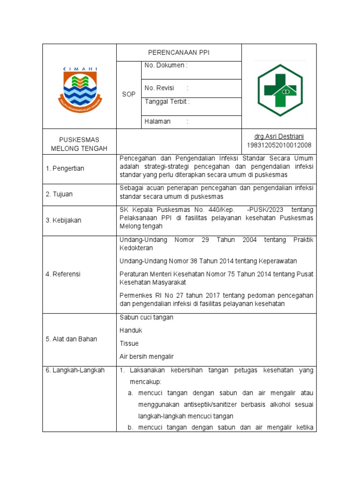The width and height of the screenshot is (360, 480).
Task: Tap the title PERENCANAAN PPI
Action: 179,53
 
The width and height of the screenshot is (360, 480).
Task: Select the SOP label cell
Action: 128,94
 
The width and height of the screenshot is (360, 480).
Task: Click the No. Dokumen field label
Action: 166,66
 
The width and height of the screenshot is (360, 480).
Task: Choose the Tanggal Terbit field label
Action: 167,101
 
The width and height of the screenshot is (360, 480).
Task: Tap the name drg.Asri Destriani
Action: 279,136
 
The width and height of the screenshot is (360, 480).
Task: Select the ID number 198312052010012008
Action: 279,145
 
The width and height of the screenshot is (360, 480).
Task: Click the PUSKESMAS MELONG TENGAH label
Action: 79,144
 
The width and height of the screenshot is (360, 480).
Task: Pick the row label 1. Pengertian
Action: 65,168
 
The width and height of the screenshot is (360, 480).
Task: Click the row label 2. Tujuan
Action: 59,194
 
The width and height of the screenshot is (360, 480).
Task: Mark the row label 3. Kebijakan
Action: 63,220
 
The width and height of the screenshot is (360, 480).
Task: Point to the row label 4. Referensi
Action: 63,274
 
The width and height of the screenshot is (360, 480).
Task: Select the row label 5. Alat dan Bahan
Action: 71,339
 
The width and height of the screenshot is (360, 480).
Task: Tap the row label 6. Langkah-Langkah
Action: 75,370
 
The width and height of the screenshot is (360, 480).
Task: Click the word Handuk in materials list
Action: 131,330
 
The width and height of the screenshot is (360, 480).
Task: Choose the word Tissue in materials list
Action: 129,344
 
